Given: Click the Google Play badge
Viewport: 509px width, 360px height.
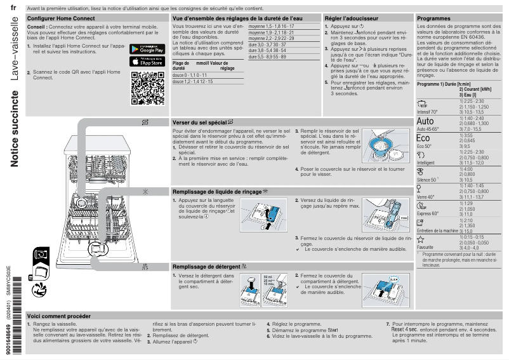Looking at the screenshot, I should (x=147, y=49).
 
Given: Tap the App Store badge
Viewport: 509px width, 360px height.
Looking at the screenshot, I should (x=147, y=62).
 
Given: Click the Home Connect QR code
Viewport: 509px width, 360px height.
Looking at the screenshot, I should (x=147, y=88).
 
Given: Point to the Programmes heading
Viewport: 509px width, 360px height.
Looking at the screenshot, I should (x=433, y=19).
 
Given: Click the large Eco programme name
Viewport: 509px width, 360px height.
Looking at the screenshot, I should (x=423, y=138).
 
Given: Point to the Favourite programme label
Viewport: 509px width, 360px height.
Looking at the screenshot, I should (x=425, y=247).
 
